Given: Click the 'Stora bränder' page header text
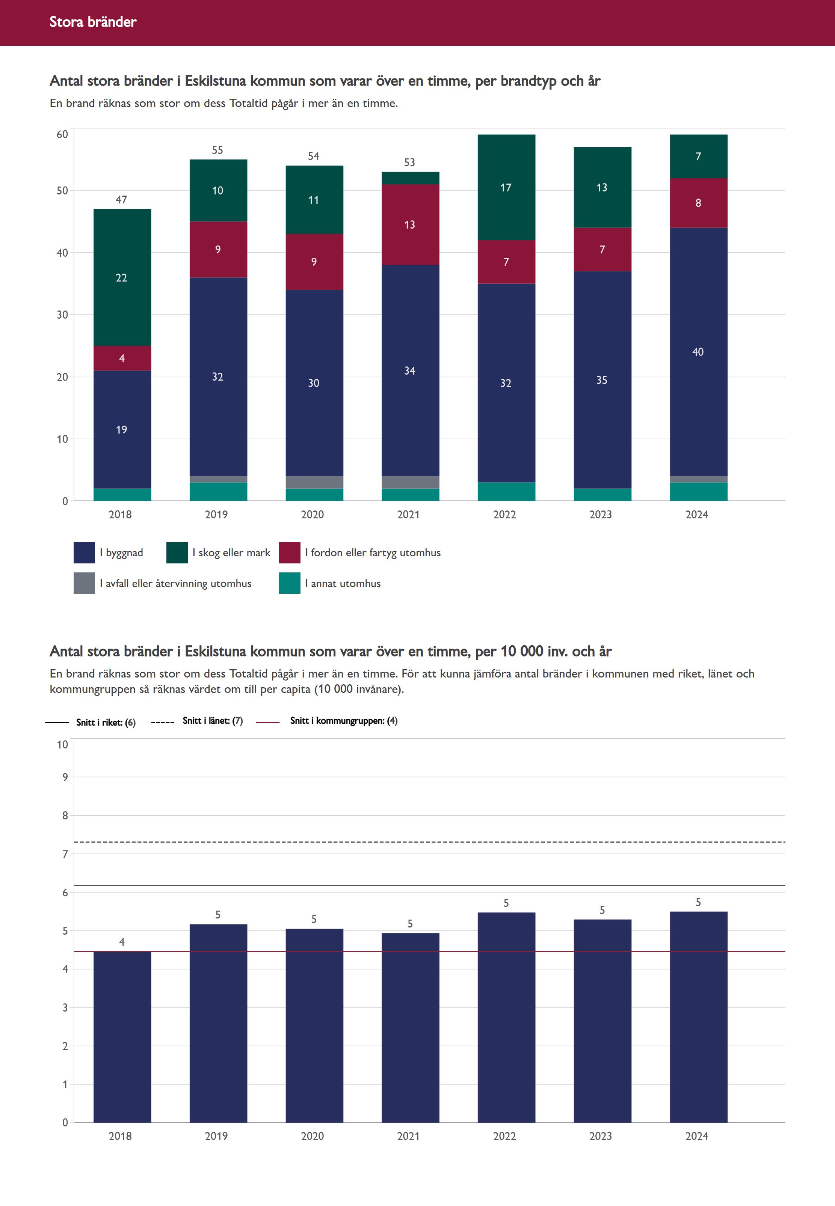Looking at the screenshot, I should [93, 22].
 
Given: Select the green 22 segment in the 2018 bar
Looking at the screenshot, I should [122, 278].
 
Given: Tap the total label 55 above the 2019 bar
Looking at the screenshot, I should [217, 151].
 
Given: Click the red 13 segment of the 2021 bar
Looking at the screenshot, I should [410, 225].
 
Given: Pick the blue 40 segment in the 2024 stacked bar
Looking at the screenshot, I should [698, 352].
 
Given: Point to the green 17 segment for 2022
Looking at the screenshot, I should [506, 188].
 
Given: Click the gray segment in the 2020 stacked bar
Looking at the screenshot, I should [314, 482].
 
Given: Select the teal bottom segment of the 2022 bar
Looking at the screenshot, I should [506, 491].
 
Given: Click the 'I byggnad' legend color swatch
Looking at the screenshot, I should [84, 553].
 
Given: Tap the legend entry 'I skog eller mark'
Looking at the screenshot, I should [231, 553].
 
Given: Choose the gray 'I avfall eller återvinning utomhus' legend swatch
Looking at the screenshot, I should [84, 583].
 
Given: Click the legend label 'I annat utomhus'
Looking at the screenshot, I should [343, 583].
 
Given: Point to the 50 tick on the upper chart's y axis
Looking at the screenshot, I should [62, 191].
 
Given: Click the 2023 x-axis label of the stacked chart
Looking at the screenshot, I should [601, 514].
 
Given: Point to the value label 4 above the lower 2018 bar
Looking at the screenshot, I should [122, 942].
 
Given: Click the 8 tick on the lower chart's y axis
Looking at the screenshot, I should [65, 816].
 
